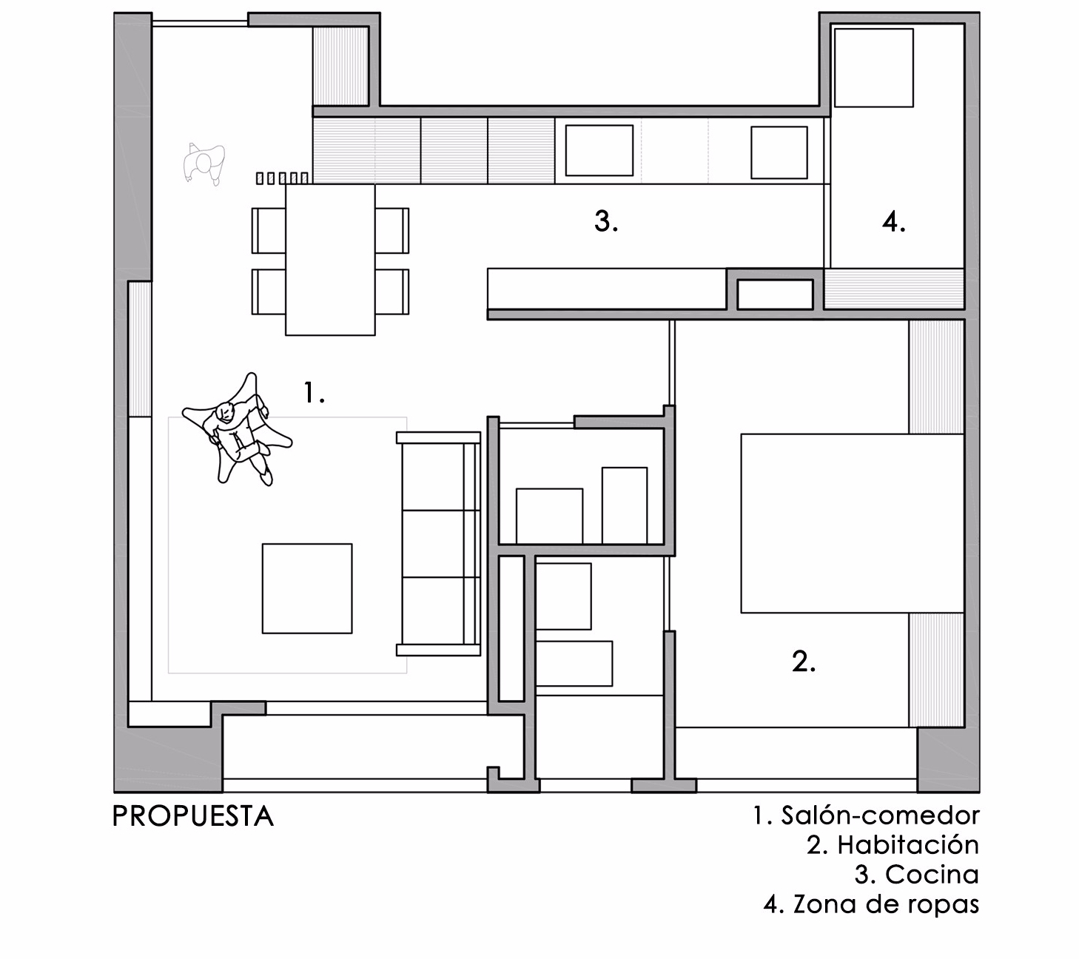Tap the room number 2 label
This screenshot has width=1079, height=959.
(804, 662)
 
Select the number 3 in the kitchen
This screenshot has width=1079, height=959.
(606, 221)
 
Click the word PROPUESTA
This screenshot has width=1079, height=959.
(193, 816)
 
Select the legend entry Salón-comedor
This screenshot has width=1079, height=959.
(880, 815)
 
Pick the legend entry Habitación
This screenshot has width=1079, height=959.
(908, 845)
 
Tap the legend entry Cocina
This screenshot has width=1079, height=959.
(932, 875)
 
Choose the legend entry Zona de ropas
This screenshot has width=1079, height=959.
(886, 904)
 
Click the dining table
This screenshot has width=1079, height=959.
(330, 260)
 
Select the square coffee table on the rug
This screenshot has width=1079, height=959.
(307, 588)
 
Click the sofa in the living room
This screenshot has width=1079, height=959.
(439, 544)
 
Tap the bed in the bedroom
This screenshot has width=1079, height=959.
(852, 523)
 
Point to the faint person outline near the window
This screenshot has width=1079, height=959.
(204, 164)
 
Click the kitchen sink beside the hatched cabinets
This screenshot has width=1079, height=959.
(599, 150)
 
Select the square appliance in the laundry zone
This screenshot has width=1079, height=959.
(873, 67)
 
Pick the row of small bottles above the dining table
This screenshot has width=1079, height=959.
(282, 178)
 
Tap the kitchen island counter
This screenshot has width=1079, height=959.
(607, 288)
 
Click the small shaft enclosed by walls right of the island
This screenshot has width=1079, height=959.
(775, 295)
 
